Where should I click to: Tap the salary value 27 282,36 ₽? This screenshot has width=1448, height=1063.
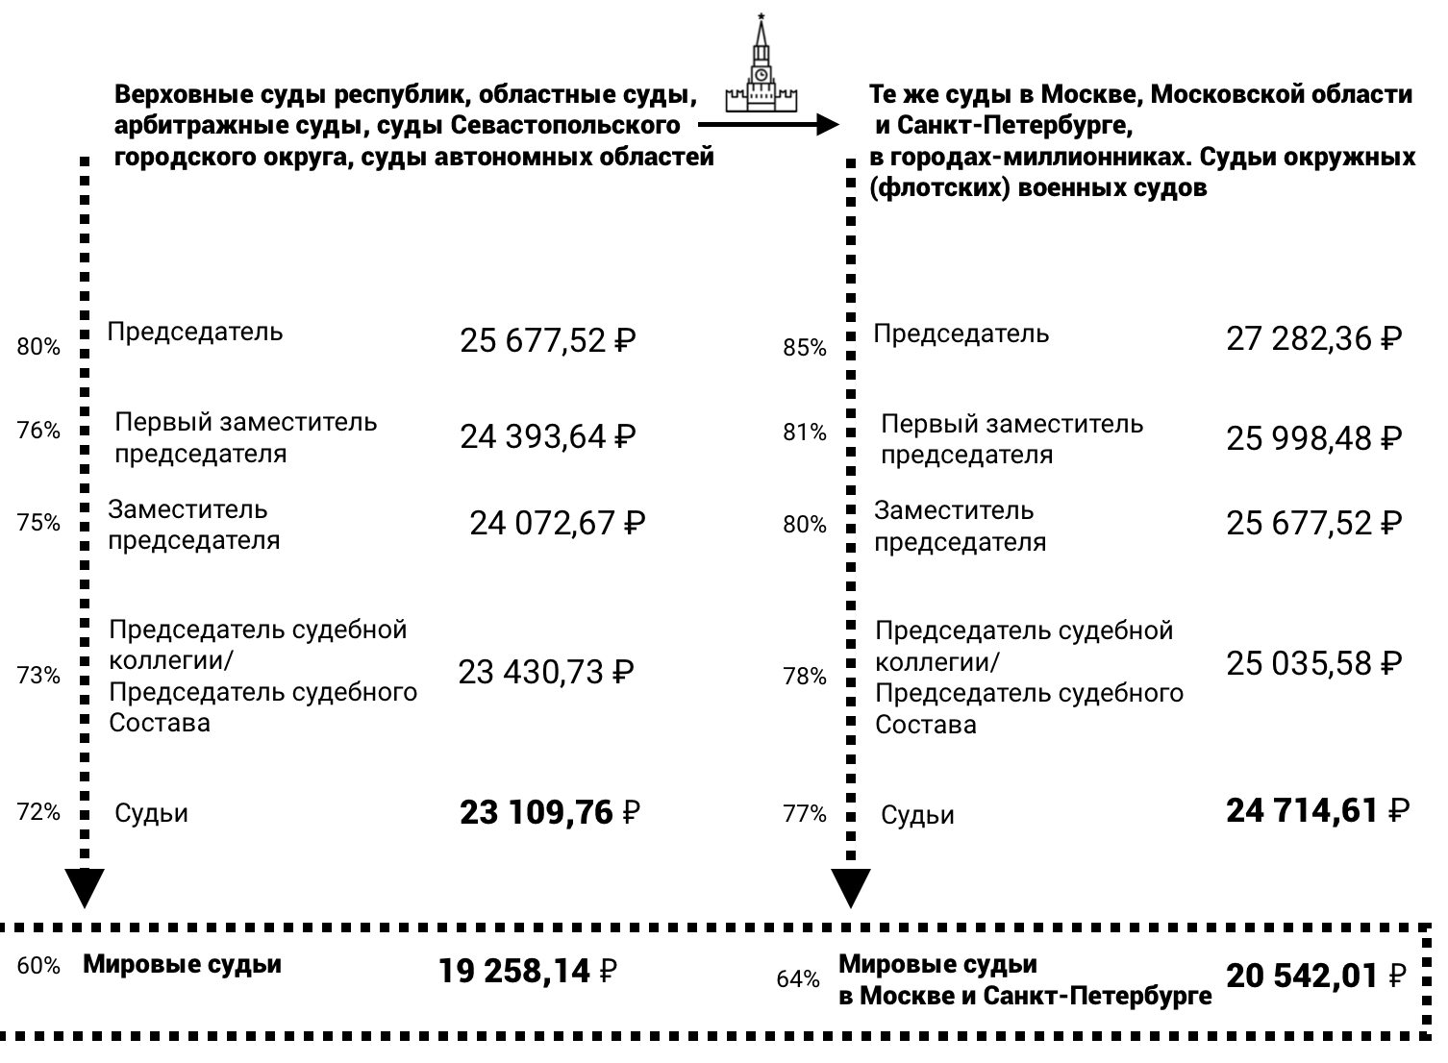[1313, 338]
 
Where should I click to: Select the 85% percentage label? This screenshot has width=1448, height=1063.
[805, 348]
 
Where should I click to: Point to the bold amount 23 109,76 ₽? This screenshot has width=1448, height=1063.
[550, 813]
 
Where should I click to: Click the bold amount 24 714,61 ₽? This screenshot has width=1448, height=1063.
[1317, 811]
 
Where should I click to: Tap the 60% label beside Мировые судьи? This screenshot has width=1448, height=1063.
[38, 966]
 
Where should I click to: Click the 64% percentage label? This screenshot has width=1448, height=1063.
[798, 979]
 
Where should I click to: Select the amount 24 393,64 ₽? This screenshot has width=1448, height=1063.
[548, 437]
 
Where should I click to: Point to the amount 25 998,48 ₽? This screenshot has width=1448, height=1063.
[1313, 438]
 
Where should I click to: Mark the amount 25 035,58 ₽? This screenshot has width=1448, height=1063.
[1313, 663]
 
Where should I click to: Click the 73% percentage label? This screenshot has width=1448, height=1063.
[38, 676]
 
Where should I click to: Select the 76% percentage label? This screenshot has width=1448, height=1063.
[38, 431]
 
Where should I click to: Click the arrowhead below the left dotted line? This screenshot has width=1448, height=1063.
[85, 886]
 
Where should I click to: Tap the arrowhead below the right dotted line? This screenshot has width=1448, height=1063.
[851, 886]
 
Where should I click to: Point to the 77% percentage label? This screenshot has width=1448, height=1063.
[805, 814]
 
